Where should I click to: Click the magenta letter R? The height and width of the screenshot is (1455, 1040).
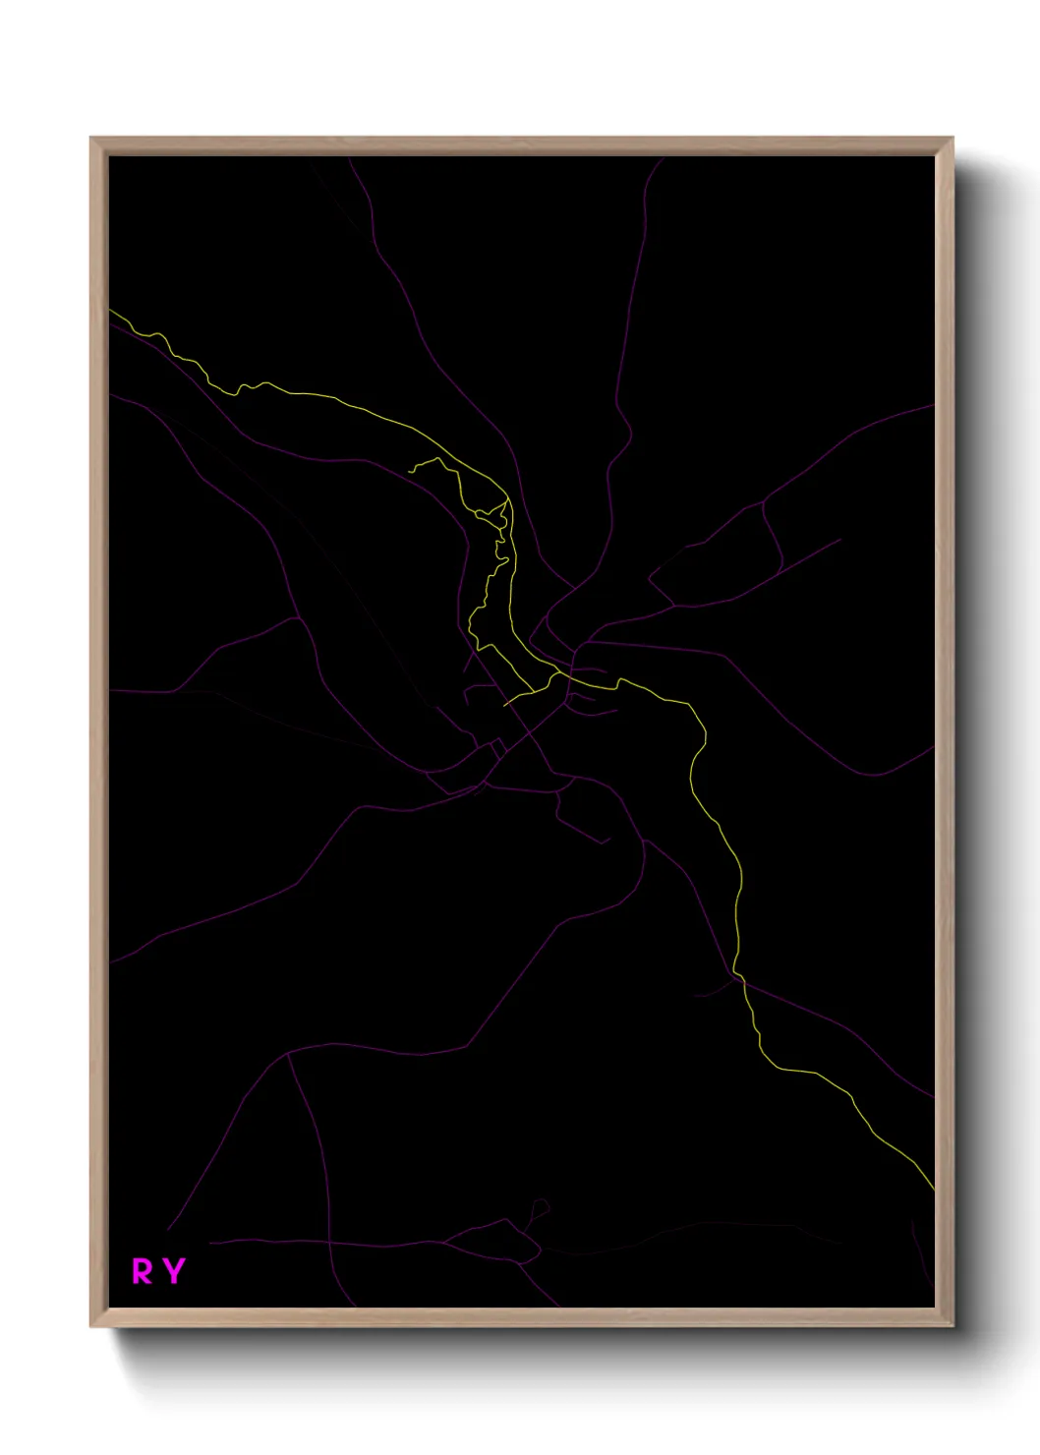tap(143, 1271)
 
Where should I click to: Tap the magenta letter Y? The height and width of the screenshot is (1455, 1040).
tap(174, 1271)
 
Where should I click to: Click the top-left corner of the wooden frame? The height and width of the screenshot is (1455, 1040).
tap(90, 138)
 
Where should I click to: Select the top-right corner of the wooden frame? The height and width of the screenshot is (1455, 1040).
tap(953, 138)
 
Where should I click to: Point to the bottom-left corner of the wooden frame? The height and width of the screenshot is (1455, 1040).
tap(90, 1327)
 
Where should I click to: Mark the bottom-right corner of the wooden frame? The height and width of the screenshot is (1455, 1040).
tap(953, 1327)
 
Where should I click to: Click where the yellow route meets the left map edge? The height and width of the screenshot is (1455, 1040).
tap(109, 311)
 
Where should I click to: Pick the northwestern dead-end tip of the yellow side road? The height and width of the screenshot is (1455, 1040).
tap(409, 469)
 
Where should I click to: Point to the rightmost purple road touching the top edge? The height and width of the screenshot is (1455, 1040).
tap(663, 157)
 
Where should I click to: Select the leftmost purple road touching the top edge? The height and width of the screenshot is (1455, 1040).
tap(349, 157)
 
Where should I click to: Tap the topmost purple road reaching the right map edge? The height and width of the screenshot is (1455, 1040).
tap(933, 404)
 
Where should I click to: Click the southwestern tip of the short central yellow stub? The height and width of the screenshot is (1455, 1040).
tap(504, 706)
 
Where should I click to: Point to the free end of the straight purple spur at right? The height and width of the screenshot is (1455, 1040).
tap(840, 539)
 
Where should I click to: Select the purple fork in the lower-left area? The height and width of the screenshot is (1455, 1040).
tap(286, 1056)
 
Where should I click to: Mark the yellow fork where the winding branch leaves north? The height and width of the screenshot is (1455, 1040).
tap(508, 500)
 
